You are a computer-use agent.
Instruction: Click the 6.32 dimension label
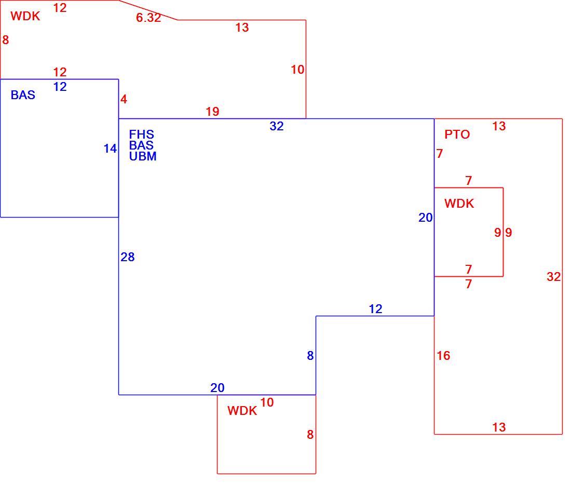[148, 18]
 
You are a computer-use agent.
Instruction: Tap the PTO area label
[457, 134]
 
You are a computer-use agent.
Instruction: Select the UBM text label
[143, 156]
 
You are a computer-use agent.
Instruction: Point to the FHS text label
[142, 134]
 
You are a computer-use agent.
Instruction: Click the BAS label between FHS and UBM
[141, 145]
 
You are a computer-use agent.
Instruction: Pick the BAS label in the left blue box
[23, 95]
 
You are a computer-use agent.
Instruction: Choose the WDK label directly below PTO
[459, 204]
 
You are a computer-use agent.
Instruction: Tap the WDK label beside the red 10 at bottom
[242, 411]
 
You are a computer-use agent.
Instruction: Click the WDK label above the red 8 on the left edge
[25, 16]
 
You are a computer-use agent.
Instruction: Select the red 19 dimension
[212, 112]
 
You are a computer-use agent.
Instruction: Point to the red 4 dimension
[124, 100]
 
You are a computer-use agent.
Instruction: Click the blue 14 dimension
[110, 149]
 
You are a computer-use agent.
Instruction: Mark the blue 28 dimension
[128, 257]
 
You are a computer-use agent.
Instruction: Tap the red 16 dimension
[443, 356]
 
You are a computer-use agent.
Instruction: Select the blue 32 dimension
[276, 126]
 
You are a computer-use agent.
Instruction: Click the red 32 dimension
[553, 277]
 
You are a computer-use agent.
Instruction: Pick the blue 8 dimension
[310, 356]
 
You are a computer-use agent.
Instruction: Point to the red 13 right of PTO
[499, 126]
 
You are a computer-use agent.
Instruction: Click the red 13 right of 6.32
[242, 28]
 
